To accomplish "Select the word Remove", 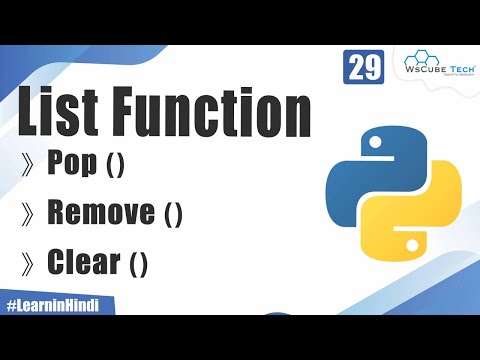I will point(100,212).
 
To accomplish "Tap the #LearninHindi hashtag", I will point(57,304).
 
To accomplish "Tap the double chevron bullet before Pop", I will point(30,165).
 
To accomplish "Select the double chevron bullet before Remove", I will point(30,213).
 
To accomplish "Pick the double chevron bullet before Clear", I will point(30,263).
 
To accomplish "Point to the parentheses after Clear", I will point(137,263).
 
